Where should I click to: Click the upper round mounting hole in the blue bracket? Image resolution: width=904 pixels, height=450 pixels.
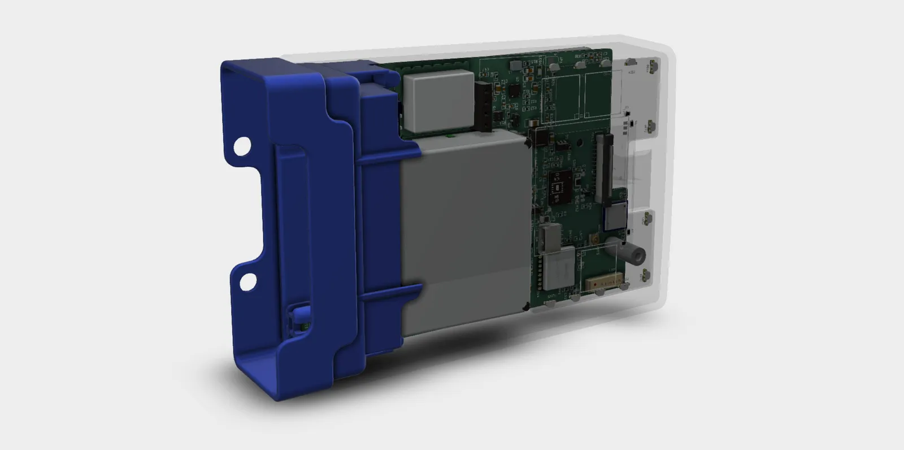[x=242, y=146]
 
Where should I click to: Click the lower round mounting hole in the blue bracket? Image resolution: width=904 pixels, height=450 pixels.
[x=248, y=281]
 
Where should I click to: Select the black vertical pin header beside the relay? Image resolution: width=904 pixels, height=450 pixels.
[x=484, y=106]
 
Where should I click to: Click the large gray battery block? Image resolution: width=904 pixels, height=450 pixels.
[x=466, y=232]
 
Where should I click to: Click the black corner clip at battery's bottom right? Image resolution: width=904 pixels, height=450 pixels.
[x=527, y=307]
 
